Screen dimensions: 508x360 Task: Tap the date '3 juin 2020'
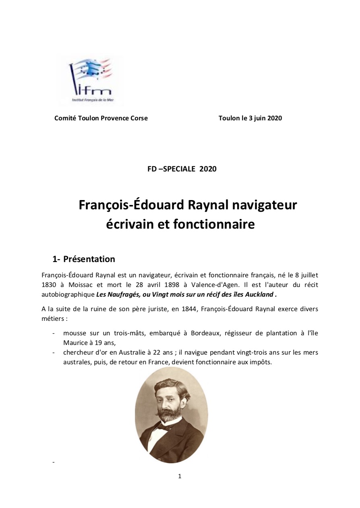[266, 118]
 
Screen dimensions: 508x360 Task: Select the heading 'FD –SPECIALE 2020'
[182, 169]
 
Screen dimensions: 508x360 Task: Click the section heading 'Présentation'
[89, 259]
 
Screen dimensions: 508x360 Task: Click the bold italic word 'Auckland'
[259, 294]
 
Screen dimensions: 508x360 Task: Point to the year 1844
[168, 309]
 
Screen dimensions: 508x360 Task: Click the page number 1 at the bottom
[180, 476]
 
